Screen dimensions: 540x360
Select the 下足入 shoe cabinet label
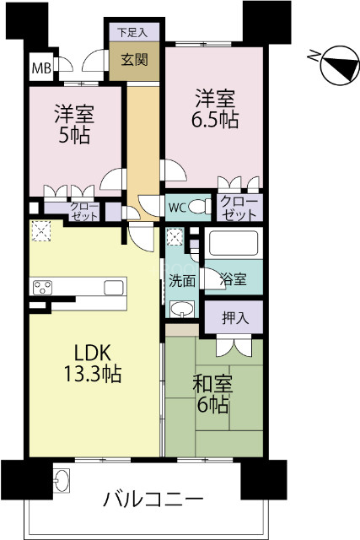[x=132, y=32]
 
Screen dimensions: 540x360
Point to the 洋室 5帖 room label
[x=73, y=124]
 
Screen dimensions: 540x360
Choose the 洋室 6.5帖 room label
[x=214, y=108]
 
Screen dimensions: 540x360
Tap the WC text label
[x=177, y=207]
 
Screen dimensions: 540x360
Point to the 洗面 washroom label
[x=181, y=280]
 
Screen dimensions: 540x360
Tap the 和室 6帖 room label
[x=213, y=393]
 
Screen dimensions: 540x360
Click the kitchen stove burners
[x=42, y=288]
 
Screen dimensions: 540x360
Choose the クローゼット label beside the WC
[x=240, y=208]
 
